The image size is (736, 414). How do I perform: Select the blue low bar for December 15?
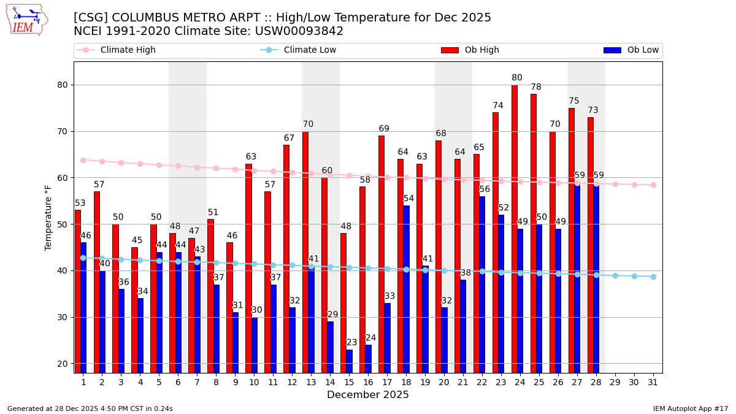tap(349, 361)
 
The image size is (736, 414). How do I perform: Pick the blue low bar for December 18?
tap(406, 289)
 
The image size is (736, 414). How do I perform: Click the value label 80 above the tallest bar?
tap(517, 78)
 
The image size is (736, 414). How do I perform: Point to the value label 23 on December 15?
tap(351, 343)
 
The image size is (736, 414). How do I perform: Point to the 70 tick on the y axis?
tap(63, 131)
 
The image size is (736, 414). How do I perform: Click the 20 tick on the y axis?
tap(63, 364)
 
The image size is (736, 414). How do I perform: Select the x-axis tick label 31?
tap(653, 381)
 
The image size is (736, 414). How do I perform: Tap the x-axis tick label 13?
tap(311, 381)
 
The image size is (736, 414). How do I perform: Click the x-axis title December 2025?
tap(368, 395)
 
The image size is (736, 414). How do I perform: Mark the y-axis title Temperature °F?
tap(48, 217)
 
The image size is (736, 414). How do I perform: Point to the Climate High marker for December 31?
tap(653, 185)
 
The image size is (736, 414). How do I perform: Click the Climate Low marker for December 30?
tap(634, 276)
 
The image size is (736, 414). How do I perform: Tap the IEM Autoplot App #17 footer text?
tap(691, 408)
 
